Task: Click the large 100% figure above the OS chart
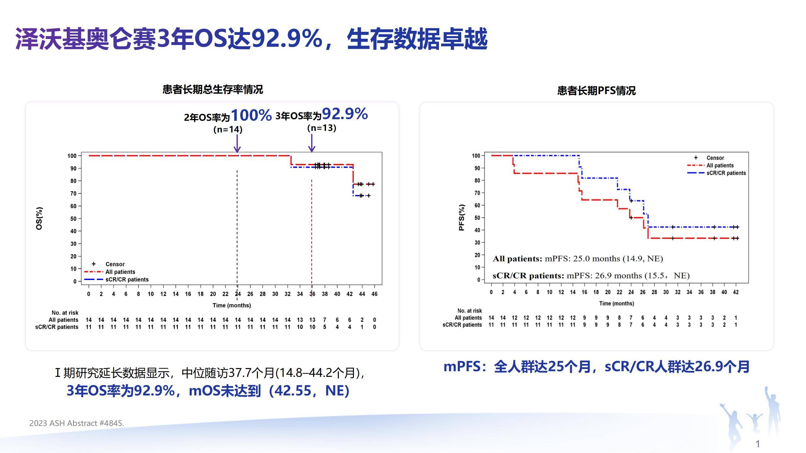click(x=251, y=115)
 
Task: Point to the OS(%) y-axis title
click(x=39, y=218)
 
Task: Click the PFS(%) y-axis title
click(x=462, y=217)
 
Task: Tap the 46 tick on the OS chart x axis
click(x=374, y=294)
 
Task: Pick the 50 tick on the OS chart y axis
click(x=73, y=219)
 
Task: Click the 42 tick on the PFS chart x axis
click(x=736, y=292)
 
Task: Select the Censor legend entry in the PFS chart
click(x=715, y=158)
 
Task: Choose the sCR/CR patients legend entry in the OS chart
click(x=127, y=279)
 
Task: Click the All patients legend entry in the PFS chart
click(x=720, y=165)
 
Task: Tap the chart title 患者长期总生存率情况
click(x=213, y=90)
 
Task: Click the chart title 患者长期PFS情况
click(x=596, y=91)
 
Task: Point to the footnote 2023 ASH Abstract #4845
click(x=77, y=423)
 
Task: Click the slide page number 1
click(x=758, y=444)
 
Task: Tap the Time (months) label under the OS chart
click(x=232, y=305)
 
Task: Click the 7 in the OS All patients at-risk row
click(x=325, y=320)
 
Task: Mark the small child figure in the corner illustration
click(x=754, y=425)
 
